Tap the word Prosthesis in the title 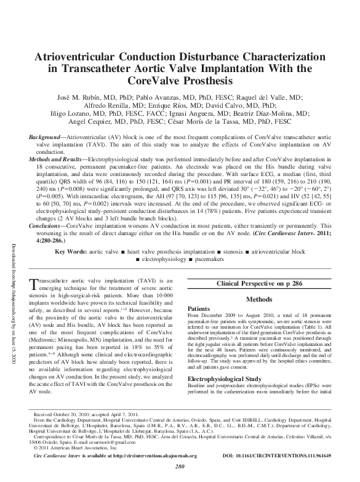click(204, 80)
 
